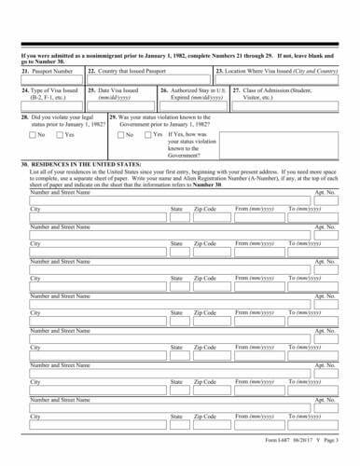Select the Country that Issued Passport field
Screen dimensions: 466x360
coord(133,71)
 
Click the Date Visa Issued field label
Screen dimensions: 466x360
coord(117,91)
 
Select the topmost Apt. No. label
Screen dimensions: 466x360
coord(325,192)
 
